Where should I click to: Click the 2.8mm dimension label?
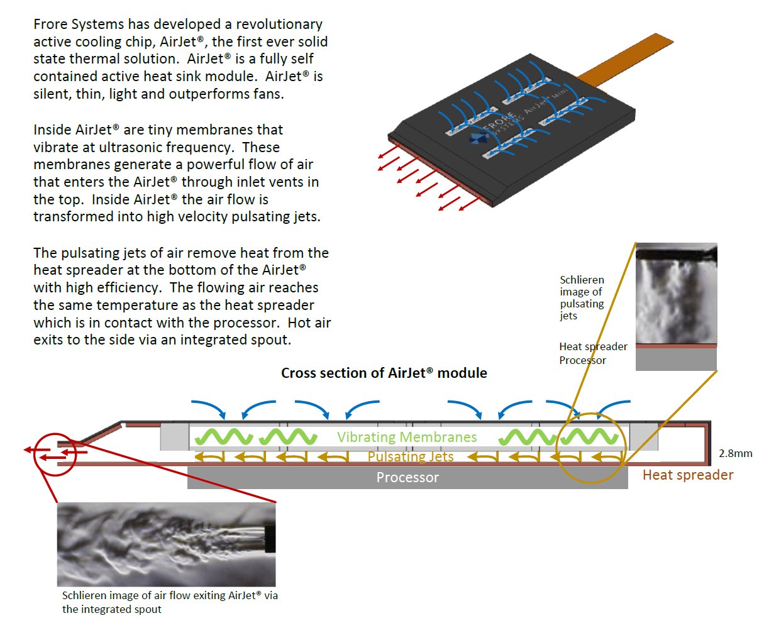[x=735, y=453]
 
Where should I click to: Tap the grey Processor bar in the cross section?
[x=407, y=478]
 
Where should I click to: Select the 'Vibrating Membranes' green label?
[x=407, y=437]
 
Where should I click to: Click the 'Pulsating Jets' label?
[x=410, y=456]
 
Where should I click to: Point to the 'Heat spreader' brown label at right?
[x=688, y=475]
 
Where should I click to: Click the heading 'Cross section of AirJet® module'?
[x=384, y=373]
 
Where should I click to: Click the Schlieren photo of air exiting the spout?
[x=166, y=544]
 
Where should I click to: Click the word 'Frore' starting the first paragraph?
[x=50, y=25]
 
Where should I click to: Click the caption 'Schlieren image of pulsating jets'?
[x=582, y=297]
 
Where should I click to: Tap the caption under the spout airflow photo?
[x=170, y=602]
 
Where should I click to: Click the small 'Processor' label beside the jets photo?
[x=582, y=360]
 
